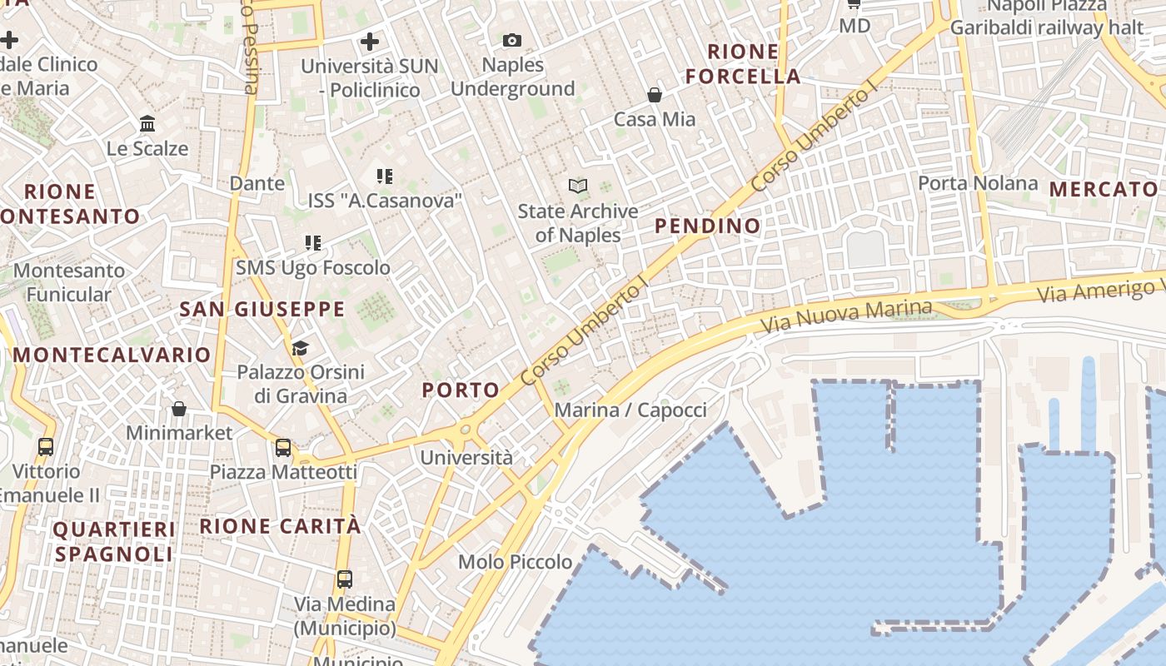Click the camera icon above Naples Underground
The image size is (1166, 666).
(511, 40)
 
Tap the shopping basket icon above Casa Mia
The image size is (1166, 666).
(655, 95)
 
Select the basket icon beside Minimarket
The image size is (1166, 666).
(179, 409)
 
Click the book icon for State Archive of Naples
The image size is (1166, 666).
(578, 186)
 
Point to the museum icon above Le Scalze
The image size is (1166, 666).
(147, 124)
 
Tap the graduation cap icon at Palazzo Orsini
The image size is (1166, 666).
(300, 348)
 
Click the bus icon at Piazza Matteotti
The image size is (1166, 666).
(283, 448)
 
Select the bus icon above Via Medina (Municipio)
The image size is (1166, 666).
(344, 579)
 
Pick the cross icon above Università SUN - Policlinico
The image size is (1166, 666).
(370, 41)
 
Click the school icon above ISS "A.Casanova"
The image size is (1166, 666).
(384, 176)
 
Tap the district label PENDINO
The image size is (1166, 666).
(707, 226)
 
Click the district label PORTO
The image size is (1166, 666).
(461, 390)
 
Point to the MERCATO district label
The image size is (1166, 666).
(1104, 189)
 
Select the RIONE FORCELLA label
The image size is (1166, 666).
(743, 64)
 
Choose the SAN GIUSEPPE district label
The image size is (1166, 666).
(262, 310)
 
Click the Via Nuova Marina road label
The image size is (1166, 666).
(847, 314)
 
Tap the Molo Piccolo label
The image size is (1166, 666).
(516, 562)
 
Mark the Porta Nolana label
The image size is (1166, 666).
(978, 183)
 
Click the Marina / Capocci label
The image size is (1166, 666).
(630, 410)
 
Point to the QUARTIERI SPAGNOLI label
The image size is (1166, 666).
(115, 542)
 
